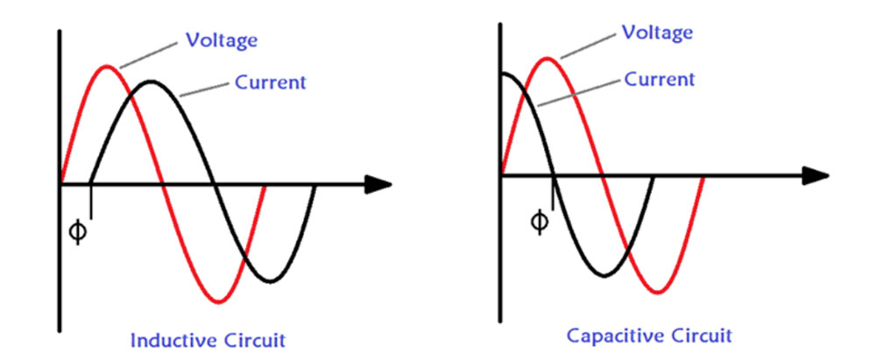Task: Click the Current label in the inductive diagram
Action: [271, 83]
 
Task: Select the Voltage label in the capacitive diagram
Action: [657, 32]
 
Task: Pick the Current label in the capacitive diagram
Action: [660, 79]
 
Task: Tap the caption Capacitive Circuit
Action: [649, 335]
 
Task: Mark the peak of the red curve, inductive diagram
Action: [107, 66]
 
